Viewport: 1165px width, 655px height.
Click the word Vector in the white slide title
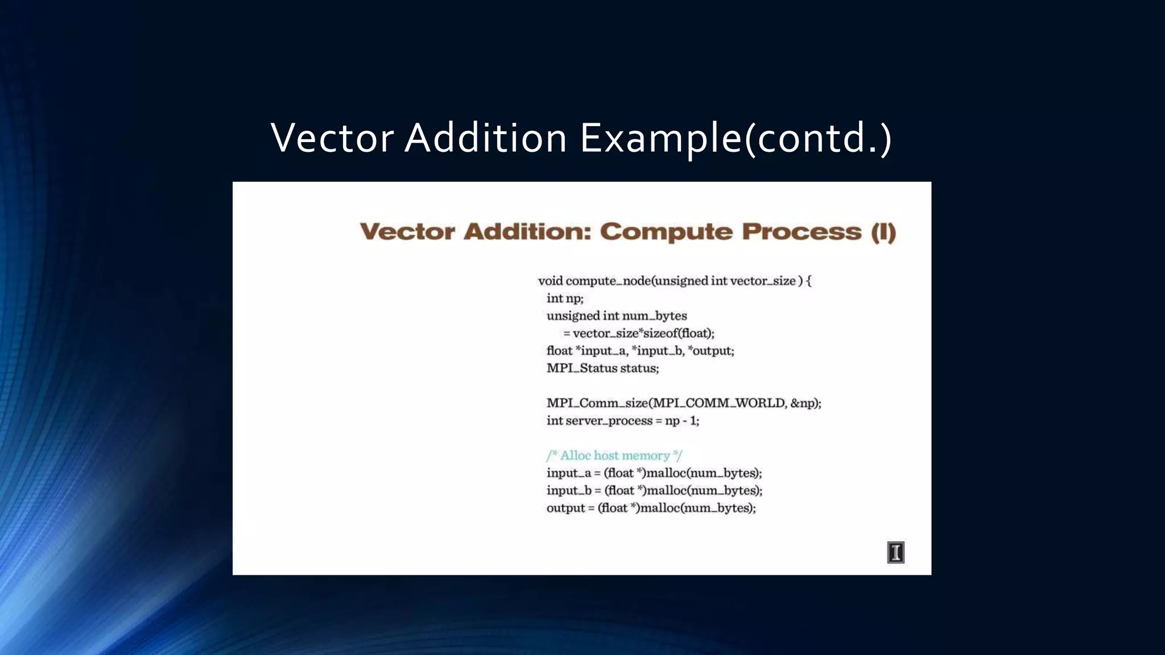tap(332, 138)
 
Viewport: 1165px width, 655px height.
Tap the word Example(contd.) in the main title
tap(736, 138)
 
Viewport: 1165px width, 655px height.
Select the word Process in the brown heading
tap(802, 232)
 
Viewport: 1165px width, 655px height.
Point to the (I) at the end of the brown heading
tap(883, 232)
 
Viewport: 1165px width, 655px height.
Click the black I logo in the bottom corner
tap(895, 552)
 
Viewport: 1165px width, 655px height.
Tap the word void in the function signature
tap(550, 281)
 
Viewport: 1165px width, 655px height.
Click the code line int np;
tap(565, 299)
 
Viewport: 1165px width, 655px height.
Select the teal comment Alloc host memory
tap(614, 455)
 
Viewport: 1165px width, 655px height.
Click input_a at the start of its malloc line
tap(568, 473)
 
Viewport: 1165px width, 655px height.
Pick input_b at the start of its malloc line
tap(569, 491)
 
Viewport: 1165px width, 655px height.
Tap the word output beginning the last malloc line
tap(565, 508)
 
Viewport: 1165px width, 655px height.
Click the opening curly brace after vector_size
tap(809, 281)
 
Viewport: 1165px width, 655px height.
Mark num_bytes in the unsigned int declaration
tap(654, 316)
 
